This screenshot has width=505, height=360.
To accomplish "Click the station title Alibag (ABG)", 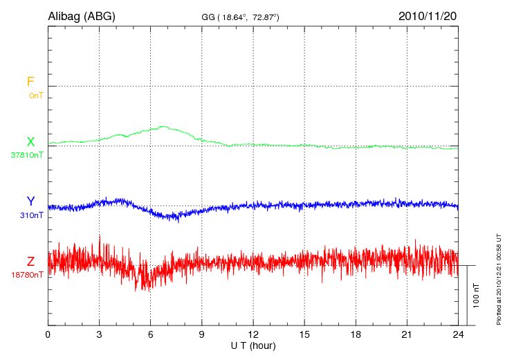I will [81, 16].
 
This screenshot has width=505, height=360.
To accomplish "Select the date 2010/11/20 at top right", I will [427, 16].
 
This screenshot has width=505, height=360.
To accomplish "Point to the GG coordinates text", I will [240, 17].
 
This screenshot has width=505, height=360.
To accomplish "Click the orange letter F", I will [30, 82].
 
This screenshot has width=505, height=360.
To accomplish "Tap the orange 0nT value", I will [36, 95].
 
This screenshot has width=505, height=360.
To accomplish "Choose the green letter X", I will [30, 142].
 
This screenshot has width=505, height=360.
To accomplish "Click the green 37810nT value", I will [28, 155].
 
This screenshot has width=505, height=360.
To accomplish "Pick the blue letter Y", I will [30, 201].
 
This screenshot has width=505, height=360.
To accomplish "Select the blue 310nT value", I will [32, 215].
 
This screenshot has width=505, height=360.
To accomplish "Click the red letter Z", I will [30, 262].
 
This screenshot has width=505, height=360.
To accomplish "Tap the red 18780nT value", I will [28, 275].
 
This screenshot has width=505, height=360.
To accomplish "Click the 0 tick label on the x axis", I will [48, 334].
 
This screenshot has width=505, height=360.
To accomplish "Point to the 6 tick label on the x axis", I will [151, 334].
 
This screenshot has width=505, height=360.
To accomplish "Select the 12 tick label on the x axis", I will [253, 334].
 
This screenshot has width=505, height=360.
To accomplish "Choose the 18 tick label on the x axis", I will [356, 334].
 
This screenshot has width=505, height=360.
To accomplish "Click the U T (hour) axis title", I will [253, 345].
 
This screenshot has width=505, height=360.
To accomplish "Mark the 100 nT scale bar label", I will [476, 295].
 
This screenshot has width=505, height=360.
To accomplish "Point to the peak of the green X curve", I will [163, 127].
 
